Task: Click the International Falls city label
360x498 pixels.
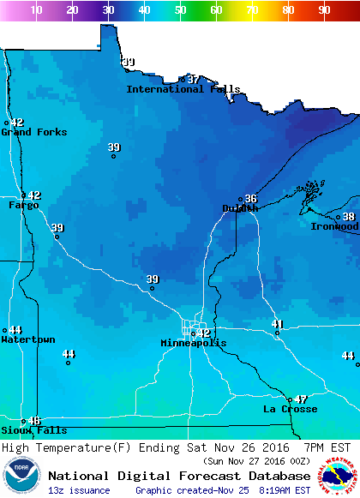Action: tap(183, 89)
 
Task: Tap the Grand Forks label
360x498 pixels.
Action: tap(28, 132)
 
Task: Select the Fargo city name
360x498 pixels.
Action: tap(24, 206)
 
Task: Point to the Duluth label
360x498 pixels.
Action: tap(240, 208)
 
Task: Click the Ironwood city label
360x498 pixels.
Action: tap(334, 226)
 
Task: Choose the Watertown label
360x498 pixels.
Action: tap(28, 340)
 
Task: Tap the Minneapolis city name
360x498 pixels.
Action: tap(194, 344)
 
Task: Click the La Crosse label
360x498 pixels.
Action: tap(290, 410)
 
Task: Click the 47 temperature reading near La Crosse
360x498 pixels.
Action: tap(301, 399)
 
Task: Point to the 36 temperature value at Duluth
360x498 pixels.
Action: tap(251, 198)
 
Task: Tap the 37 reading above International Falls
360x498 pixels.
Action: tap(193, 79)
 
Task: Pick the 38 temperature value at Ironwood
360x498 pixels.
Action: tap(349, 217)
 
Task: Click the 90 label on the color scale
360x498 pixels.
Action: tap(324, 10)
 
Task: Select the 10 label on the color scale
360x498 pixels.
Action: tap(36, 10)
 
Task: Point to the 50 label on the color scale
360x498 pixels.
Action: tap(180, 10)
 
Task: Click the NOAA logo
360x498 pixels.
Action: tap(21, 476)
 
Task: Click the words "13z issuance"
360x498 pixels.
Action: tap(79, 490)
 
